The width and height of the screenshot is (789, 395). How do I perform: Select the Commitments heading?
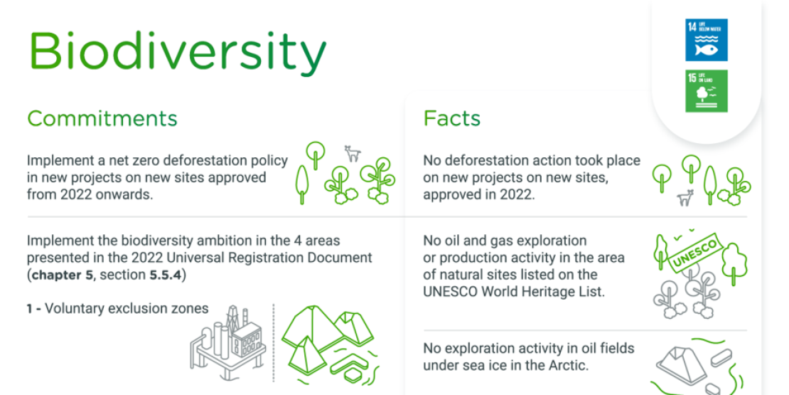tap(102, 118)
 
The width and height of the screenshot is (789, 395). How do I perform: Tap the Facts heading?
tap(451, 118)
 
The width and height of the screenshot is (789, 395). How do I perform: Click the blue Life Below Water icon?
tap(706, 40)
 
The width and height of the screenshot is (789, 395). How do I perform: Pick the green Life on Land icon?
tap(706, 91)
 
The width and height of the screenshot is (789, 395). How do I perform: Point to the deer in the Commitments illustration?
tap(352, 153)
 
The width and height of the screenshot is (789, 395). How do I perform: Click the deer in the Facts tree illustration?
tap(685, 199)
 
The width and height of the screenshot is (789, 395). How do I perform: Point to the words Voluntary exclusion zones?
tap(127, 309)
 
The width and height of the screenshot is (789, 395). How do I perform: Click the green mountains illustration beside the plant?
tap(329, 338)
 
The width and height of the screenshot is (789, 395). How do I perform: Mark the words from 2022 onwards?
tap(90, 194)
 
